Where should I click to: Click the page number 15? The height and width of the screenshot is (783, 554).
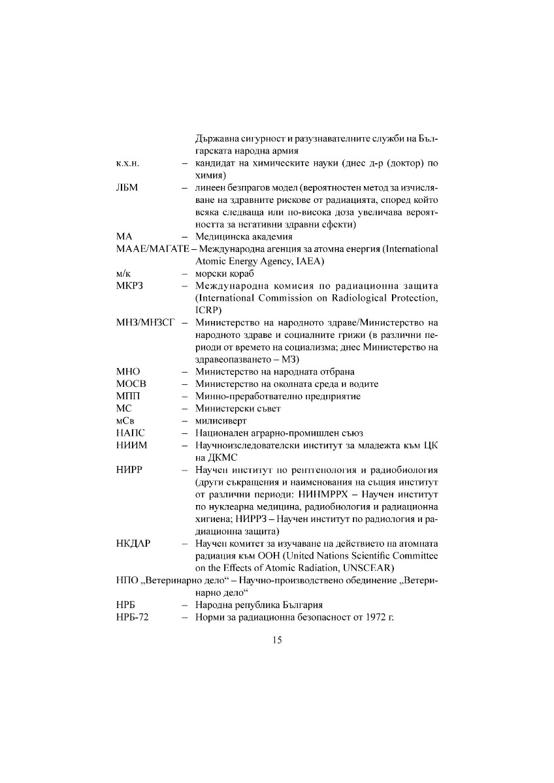pyautogui.click(x=277, y=640)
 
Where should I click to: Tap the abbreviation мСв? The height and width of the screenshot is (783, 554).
pyautogui.click(x=125, y=421)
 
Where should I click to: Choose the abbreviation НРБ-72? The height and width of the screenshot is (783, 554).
pyautogui.click(x=133, y=617)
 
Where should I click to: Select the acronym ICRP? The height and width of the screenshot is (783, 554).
pyautogui.click(x=206, y=311)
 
